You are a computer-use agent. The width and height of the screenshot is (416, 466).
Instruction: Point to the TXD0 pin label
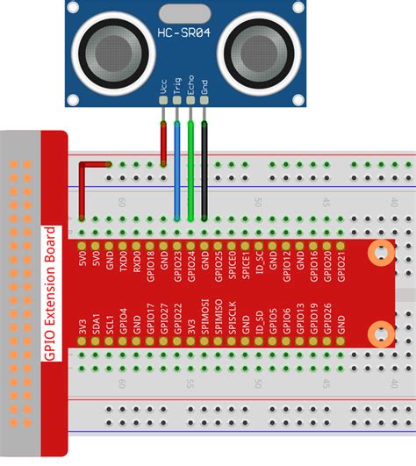[123, 268]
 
